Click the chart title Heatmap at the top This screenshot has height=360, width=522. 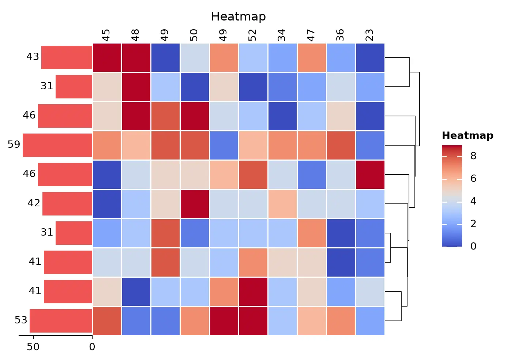click(239, 16)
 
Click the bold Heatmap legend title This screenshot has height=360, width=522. click(467, 136)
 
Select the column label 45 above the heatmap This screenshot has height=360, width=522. click(106, 35)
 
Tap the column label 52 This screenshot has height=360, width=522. click(252, 35)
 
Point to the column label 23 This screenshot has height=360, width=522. click(369, 35)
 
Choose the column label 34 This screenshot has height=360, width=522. click(282, 35)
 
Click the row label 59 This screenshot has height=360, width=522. click(14, 145)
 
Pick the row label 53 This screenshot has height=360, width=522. click(21, 320)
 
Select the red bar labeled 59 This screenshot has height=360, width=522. click(57, 145)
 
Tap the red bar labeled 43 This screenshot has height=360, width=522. click(67, 57)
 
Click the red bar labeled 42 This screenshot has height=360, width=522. click(67, 204)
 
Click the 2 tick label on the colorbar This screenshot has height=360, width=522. click(473, 224)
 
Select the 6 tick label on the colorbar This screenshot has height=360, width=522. click(473, 179)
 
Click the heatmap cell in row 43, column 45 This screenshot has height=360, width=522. click(107, 57)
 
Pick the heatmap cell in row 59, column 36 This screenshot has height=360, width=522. click(341, 145)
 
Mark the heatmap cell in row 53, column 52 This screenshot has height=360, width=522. click(253, 321)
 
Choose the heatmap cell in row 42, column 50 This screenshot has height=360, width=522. click(195, 204)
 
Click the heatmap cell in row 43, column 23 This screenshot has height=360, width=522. click(370, 57)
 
